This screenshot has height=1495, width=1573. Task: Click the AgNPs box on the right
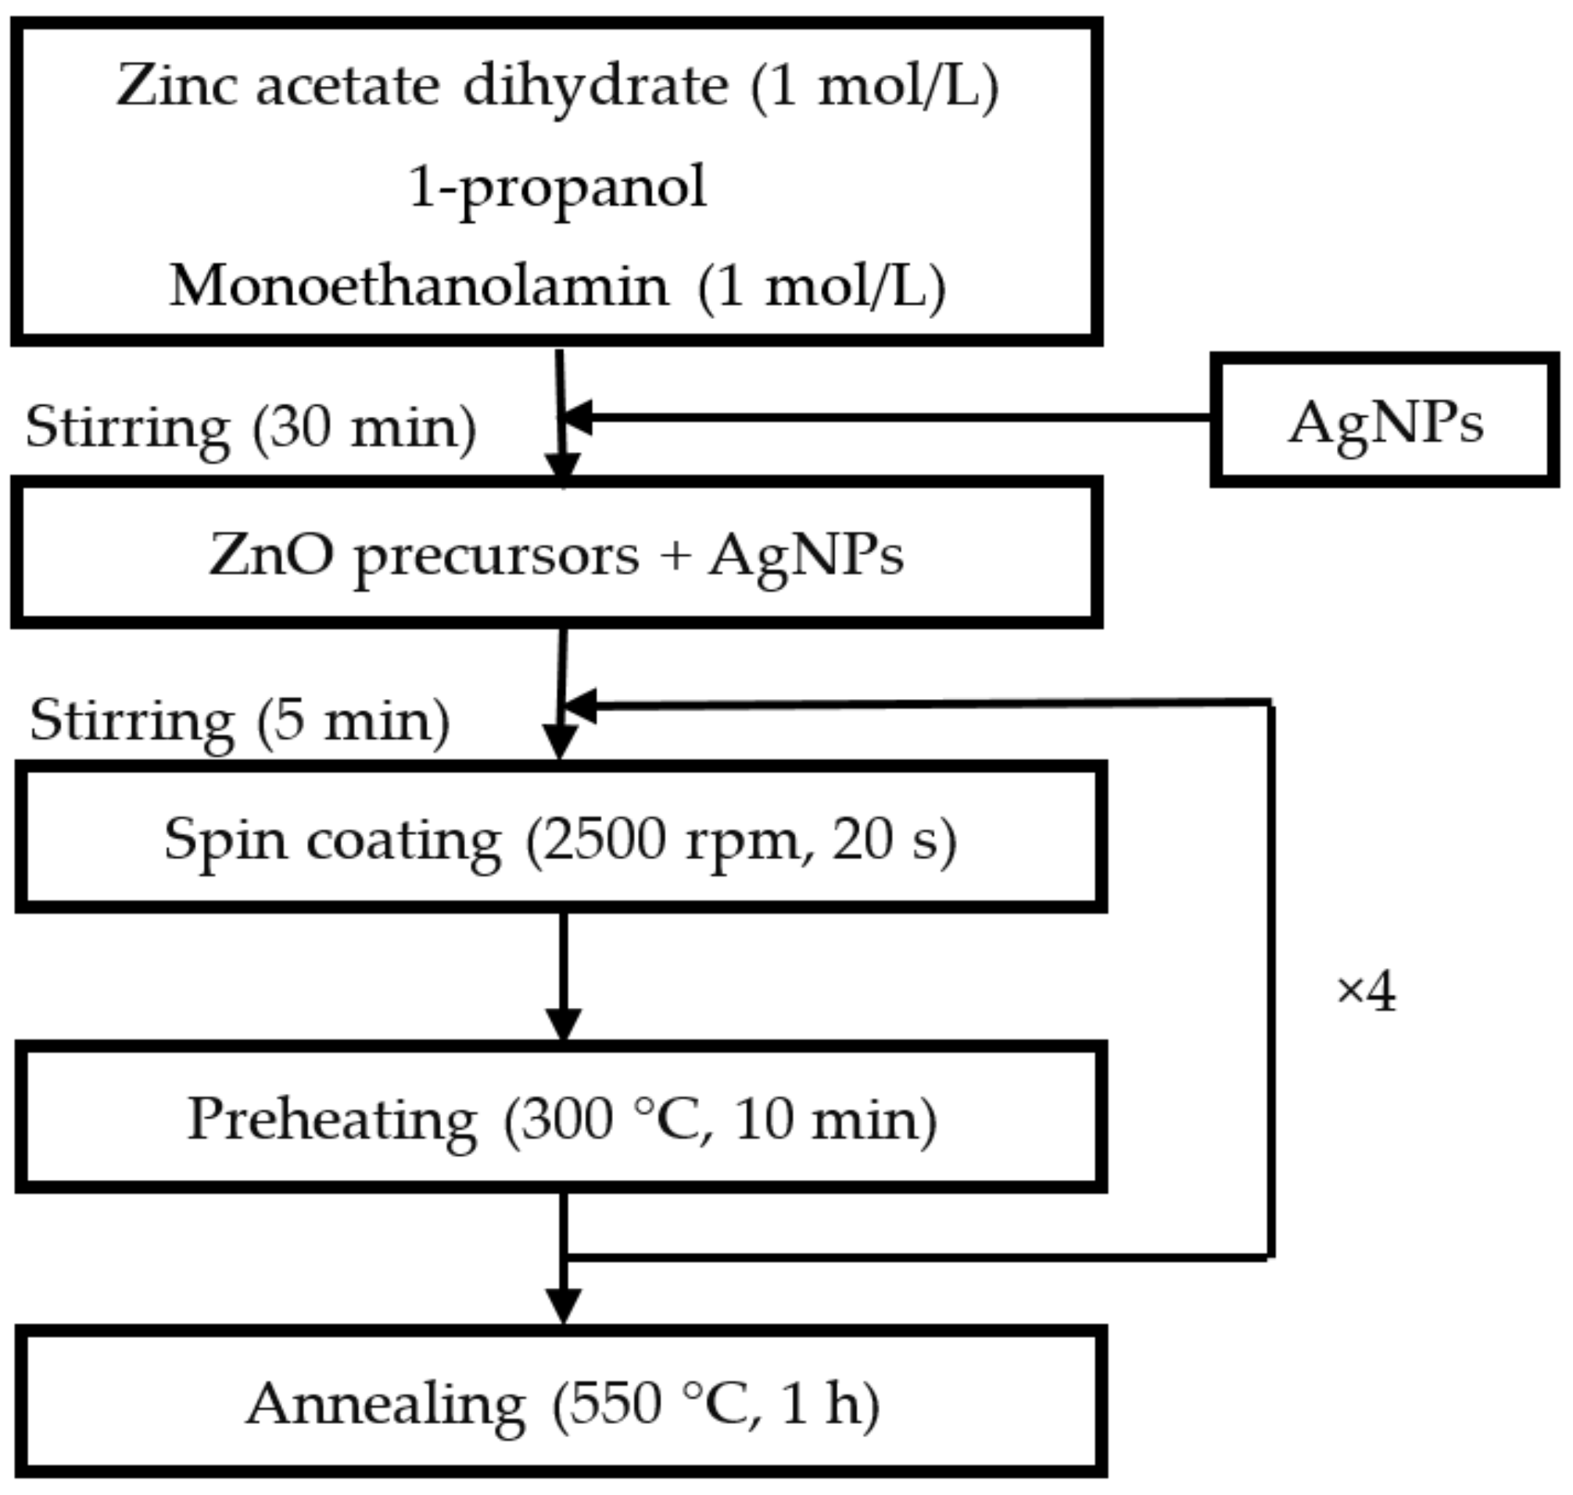1384,420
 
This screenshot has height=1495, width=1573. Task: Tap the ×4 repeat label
1365,993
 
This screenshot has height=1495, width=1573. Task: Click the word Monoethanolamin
419,287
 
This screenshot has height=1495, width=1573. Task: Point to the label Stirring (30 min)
251,428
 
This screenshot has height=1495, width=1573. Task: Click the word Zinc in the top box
176,85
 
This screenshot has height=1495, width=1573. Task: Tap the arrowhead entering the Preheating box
563,1024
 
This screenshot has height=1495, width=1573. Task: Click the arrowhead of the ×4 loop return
580,706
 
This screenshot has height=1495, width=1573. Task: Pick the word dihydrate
594,85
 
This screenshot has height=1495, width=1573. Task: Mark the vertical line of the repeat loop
1270,981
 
